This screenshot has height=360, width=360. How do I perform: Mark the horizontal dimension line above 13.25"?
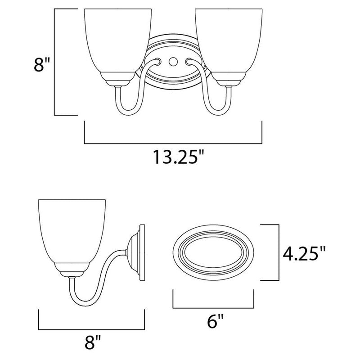(x=173, y=144)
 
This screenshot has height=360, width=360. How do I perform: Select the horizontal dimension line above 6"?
(x=214, y=308)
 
